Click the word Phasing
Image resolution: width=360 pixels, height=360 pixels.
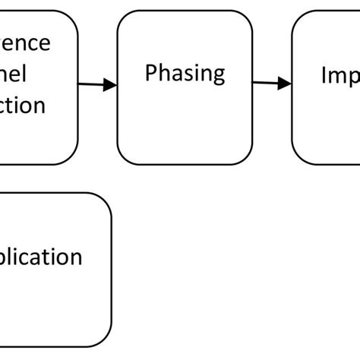(185, 74)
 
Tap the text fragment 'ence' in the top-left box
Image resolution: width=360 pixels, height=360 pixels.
(27, 43)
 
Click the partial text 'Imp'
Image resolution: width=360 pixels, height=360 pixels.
(339, 75)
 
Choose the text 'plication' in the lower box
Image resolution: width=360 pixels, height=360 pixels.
(42, 257)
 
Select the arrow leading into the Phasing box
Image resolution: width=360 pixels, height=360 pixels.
(97, 85)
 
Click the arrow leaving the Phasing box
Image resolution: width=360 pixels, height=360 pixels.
(272, 84)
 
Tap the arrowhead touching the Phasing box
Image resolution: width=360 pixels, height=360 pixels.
(110, 86)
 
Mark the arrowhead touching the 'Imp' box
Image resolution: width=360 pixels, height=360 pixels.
(285, 84)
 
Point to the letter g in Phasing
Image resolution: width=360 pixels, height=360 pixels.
(218, 77)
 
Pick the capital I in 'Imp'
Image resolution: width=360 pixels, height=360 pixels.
(324, 74)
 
